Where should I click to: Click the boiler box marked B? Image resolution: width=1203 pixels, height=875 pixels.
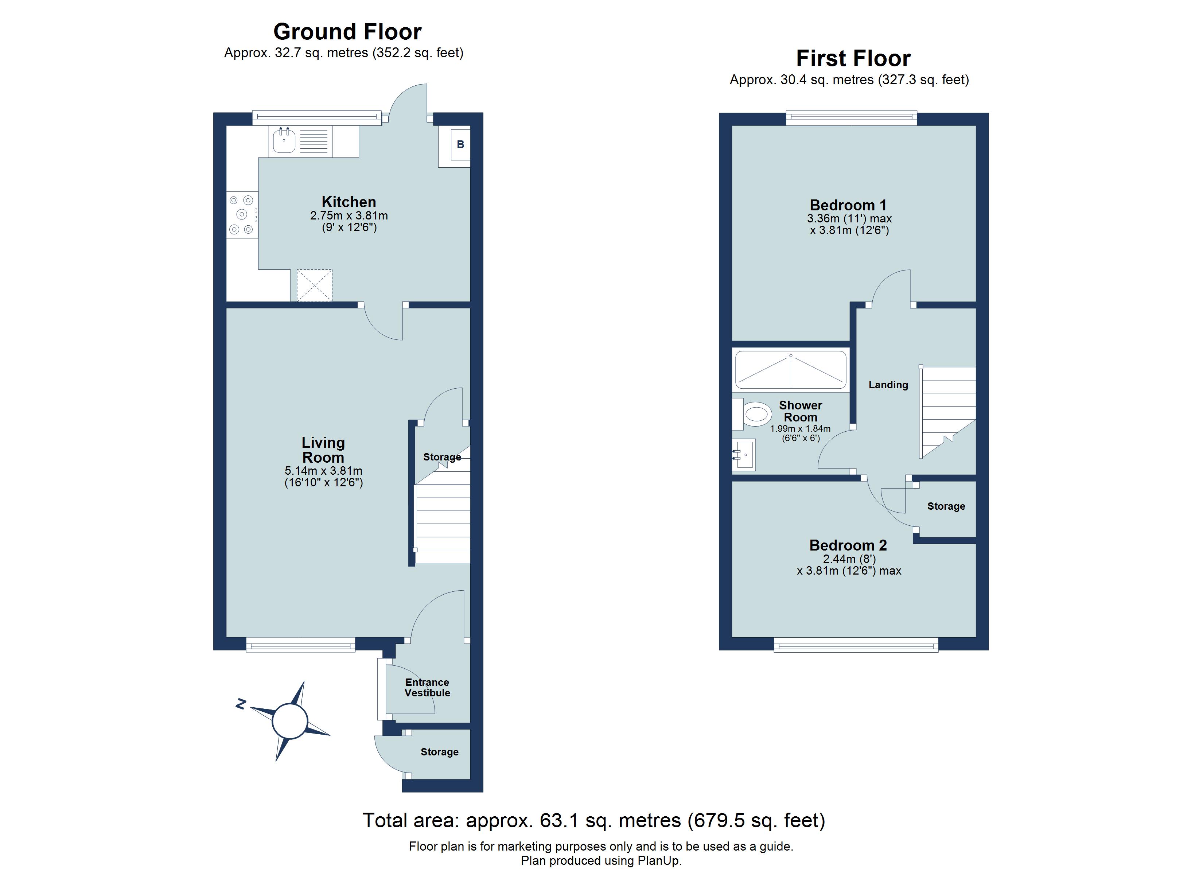pos(460,144)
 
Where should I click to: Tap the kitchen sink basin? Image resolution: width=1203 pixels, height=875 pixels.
pos(284,141)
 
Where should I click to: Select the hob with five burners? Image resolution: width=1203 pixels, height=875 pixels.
pos(242,214)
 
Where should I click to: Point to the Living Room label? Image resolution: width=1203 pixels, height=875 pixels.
pos(323,450)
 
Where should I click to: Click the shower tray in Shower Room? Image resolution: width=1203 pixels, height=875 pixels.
pos(790,370)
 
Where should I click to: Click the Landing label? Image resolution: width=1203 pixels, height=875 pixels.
pos(888,385)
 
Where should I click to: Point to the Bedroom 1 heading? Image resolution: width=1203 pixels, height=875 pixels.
pos(848,205)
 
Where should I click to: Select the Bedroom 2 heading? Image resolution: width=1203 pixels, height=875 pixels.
pos(848,545)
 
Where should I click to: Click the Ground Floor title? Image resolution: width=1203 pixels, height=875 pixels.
pos(347,32)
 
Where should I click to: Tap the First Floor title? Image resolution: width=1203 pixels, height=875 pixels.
pos(853,58)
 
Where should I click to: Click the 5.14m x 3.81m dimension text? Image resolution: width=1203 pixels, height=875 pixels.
pos(324,471)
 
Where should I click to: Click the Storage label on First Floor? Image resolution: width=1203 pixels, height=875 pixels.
pos(946,506)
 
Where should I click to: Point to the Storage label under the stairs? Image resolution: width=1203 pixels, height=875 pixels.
pos(442,457)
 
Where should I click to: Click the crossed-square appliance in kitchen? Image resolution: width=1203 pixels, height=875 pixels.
pos(315,285)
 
